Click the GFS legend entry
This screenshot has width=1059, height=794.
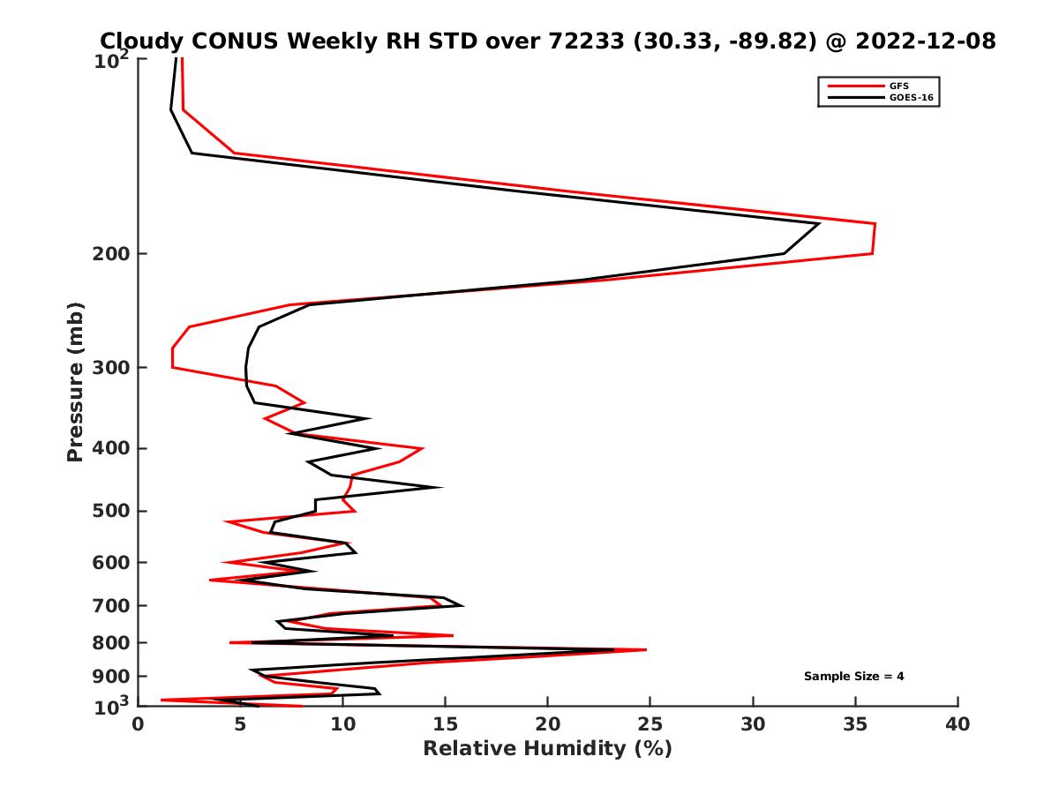click(x=900, y=86)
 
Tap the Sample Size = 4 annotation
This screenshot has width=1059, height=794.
click(x=853, y=677)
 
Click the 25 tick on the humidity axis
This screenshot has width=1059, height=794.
click(x=650, y=724)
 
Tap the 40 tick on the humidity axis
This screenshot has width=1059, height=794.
click(x=958, y=724)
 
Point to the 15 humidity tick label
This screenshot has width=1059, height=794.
click(x=445, y=724)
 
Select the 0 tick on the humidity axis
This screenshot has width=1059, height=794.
click(x=139, y=724)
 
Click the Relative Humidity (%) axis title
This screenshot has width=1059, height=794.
click(x=547, y=749)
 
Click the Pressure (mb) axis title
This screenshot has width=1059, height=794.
click(x=75, y=381)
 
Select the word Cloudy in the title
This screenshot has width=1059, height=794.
click(x=141, y=41)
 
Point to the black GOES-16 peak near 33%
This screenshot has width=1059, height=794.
click(x=819, y=224)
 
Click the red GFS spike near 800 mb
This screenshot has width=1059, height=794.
click(x=646, y=650)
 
